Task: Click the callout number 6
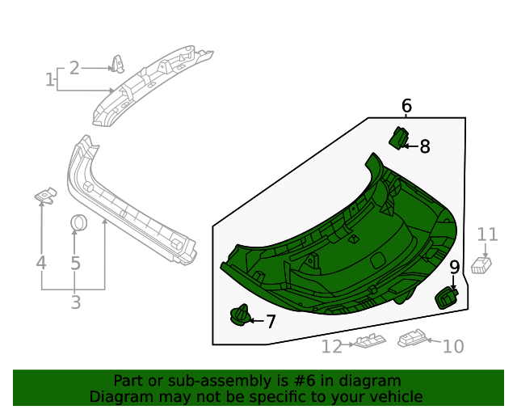click(x=406, y=105)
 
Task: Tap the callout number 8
click(x=425, y=146)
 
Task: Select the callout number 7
click(x=271, y=322)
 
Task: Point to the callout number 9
click(x=454, y=267)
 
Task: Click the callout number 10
click(x=454, y=346)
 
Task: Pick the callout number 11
click(x=487, y=234)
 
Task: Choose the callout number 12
click(x=332, y=346)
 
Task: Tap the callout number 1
click(x=50, y=79)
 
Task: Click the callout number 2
click(x=74, y=68)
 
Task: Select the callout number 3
click(x=75, y=303)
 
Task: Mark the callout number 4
click(x=40, y=263)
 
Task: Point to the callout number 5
click(x=75, y=263)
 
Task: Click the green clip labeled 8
click(x=399, y=138)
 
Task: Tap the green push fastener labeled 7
click(x=240, y=316)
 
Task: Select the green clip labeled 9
click(x=446, y=298)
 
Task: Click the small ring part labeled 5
click(x=78, y=222)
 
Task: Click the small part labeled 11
click(x=481, y=265)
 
